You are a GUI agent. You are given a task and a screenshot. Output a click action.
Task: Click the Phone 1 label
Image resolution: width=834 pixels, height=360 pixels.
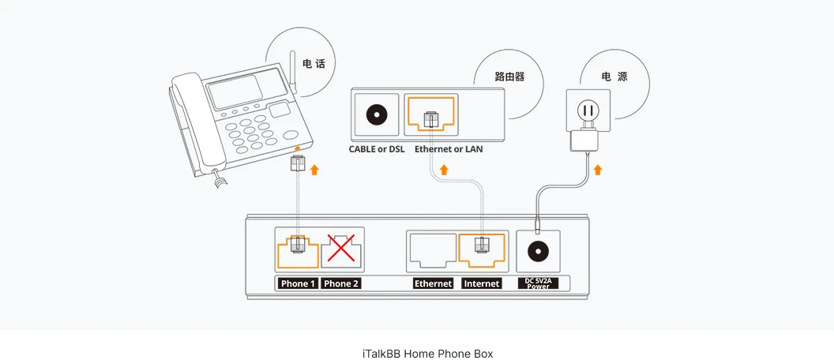pos(297,283)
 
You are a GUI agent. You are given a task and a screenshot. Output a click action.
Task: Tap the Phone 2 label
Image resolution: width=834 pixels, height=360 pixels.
pos(341,283)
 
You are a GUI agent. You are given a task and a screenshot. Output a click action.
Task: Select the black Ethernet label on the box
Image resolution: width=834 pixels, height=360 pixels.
pos(433,283)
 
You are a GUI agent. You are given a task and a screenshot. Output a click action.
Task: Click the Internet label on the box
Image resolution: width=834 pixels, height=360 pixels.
pos(482,283)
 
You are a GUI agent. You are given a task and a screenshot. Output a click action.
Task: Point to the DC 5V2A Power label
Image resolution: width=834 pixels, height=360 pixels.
pos(538,283)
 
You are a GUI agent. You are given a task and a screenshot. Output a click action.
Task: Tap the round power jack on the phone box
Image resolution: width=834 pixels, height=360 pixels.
pos(538,251)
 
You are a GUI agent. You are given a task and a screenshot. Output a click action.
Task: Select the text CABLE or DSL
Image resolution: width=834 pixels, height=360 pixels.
pos(377,149)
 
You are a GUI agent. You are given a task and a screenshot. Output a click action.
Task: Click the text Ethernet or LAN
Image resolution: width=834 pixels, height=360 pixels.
pos(449,149)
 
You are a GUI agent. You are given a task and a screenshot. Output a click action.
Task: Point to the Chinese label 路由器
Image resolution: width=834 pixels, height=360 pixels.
pos(509,77)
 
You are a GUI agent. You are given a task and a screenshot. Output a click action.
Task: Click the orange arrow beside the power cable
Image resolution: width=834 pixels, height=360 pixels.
pos(598,169)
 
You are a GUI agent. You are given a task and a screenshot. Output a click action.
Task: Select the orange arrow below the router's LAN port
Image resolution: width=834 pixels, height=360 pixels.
pos(444,170)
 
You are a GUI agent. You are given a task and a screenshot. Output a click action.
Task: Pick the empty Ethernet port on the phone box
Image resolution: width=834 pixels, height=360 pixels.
pos(432,249)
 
